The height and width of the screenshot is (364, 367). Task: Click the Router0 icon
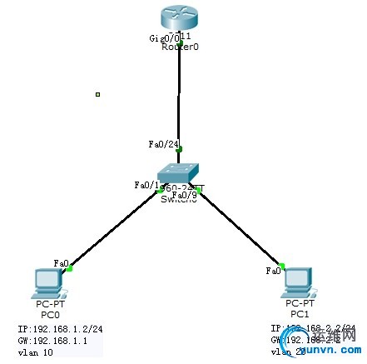tap(179, 18)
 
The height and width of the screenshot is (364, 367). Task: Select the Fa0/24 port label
tap(160, 144)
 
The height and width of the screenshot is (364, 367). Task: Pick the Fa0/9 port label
tap(183, 195)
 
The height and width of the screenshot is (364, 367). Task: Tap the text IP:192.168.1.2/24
tap(55, 329)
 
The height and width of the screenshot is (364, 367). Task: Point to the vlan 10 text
tap(35, 353)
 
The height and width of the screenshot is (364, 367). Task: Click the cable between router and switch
tap(179, 100)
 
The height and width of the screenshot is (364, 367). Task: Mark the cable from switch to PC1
tap(241, 229)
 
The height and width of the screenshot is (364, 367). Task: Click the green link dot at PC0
tap(71, 268)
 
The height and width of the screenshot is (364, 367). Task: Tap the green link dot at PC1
tap(282, 267)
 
